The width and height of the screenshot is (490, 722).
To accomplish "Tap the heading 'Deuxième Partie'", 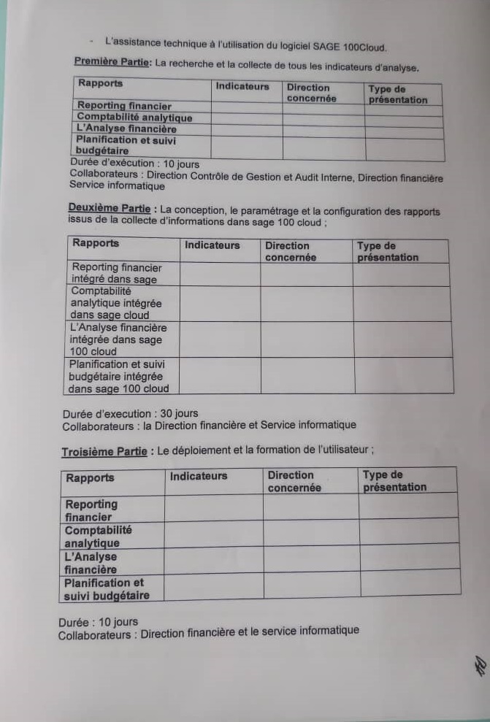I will point(108,207).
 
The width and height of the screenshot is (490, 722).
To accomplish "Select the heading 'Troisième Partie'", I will point(104,452).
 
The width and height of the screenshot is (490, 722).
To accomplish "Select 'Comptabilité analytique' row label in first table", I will point(134,118).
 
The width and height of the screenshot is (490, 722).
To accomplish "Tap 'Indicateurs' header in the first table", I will point(242,86).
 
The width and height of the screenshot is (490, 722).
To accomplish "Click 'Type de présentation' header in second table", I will point(388,252).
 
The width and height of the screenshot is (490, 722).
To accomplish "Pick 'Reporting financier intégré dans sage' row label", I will point(116,273).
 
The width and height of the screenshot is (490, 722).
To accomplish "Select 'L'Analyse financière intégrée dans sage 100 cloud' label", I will point(118,339).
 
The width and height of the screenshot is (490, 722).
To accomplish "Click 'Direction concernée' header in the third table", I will point(294,481).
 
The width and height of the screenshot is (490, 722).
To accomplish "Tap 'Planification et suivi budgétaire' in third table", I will point(106,589).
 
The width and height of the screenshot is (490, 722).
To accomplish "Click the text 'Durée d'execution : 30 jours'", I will point(130,413).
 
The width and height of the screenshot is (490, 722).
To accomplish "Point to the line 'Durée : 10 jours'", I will point(98,622).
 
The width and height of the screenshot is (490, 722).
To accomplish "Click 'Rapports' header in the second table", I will point(96,244).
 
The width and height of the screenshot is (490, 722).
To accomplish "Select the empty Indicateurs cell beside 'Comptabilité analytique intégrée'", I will point(220,304).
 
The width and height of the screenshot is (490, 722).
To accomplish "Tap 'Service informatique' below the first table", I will point(117,186).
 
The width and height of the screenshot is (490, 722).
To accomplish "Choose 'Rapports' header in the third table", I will point(90,478).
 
